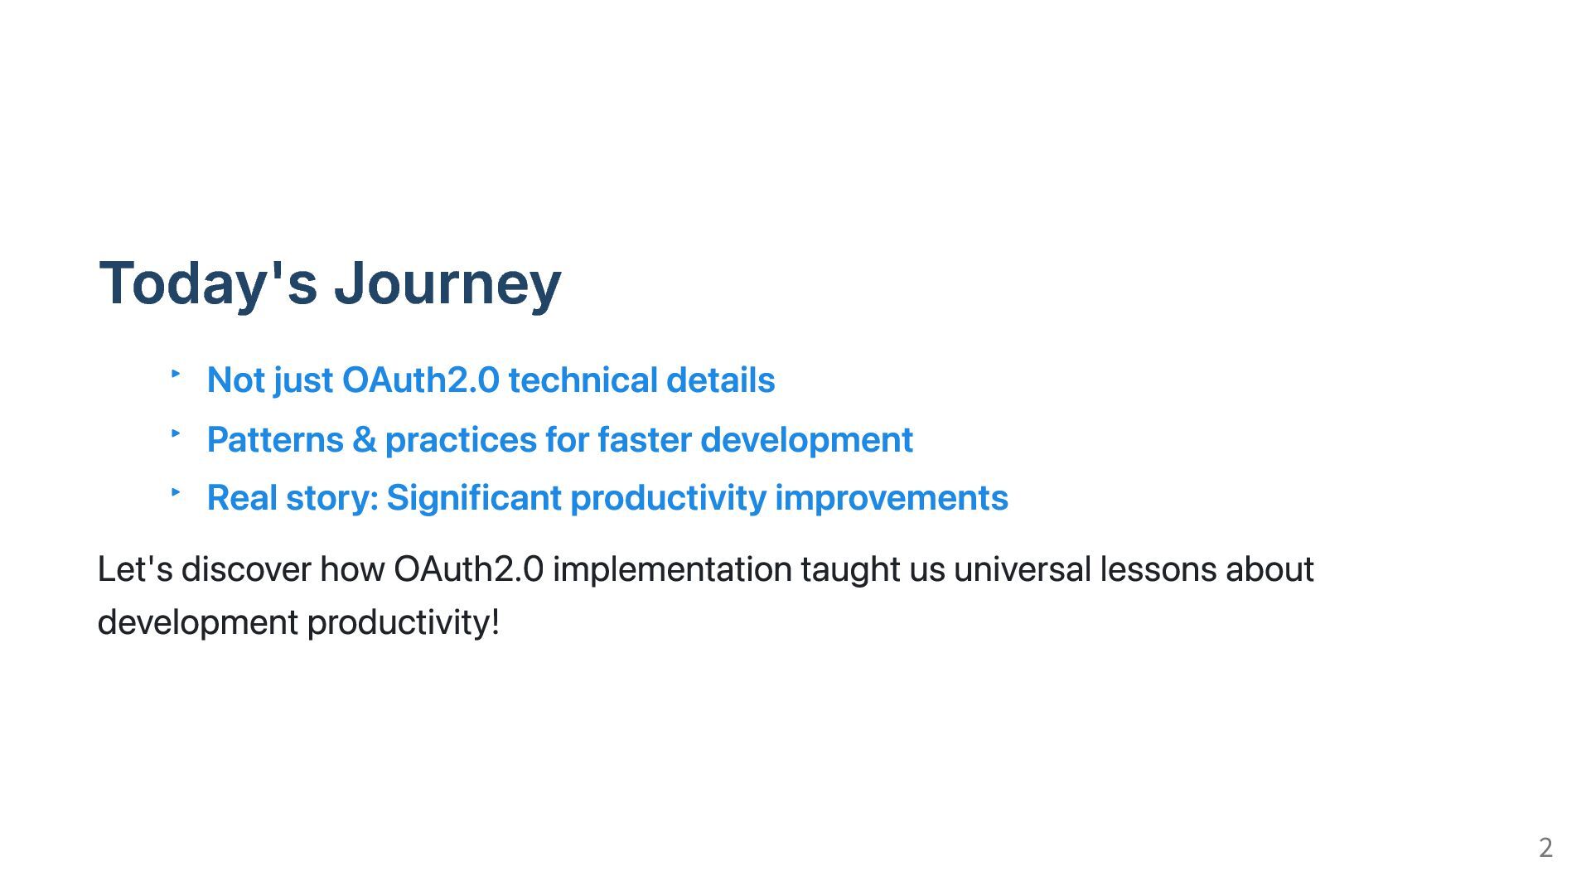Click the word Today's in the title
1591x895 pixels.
pos(208,283)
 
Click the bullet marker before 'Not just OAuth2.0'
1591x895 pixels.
pos(176,374)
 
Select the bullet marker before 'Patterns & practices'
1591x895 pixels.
pos(176,433)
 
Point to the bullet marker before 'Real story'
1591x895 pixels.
pos(176,491)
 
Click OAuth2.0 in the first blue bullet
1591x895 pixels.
pos(421,380)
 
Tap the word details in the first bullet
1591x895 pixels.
pos(721,380)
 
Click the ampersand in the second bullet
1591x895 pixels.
pos(365,439)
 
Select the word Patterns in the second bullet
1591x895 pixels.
pos(275,439)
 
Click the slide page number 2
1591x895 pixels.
pos(1545,848)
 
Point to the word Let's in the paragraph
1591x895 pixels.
pos(135,569)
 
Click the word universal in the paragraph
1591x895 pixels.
pos(1022,569)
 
